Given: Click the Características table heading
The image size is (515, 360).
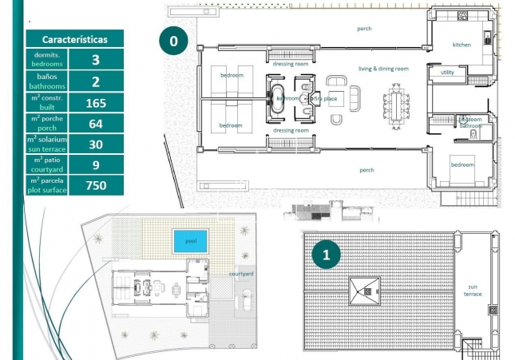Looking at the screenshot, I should tap(74, 38).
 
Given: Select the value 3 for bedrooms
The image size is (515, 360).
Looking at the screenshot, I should tap(96, 59).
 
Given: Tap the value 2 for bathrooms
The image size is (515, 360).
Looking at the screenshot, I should tap(96, 81).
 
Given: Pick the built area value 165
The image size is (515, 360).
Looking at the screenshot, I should tap(96, 102).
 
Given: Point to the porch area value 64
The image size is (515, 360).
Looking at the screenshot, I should tap(96, 123).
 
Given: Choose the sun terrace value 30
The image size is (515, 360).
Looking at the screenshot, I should tap(96, 144).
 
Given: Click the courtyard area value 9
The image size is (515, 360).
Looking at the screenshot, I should tap(96, 164).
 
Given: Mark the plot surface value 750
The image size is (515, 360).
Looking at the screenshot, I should tap(96, 185).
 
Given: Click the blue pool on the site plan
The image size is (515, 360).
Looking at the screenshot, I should tap(190, 239).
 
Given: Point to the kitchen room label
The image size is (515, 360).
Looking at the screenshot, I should tap(462, 45).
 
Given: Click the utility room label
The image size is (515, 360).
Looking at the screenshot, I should tap(447, 73).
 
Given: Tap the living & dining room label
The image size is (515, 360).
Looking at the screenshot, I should tap(383, 69).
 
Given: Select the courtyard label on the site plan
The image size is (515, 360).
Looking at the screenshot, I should tap(241, 274).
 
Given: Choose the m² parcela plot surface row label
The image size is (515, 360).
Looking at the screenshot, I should tap(47, 185).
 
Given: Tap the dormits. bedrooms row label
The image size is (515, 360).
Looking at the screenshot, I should tap(47, 59).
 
